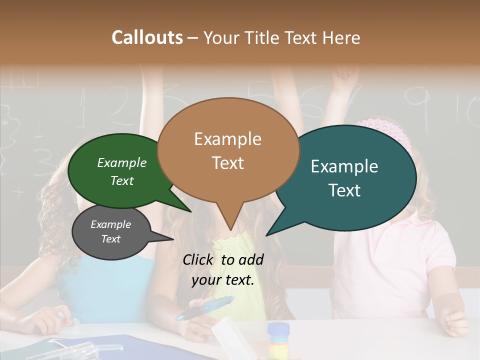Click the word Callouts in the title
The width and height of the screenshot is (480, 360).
click(x=147, y=37)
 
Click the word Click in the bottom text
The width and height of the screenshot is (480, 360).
click(x=199, y=259)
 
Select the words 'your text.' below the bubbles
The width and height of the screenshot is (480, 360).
click(x=222, y=280)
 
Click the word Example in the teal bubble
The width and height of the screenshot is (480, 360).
click(x=344, y=166)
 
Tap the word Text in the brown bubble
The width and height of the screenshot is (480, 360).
click(x=228, y=163)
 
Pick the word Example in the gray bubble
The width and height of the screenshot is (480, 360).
click(x=110, y=224)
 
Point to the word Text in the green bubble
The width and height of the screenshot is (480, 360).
click(x=121, y=181)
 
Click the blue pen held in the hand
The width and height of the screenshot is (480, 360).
click(x=205, y=307)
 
